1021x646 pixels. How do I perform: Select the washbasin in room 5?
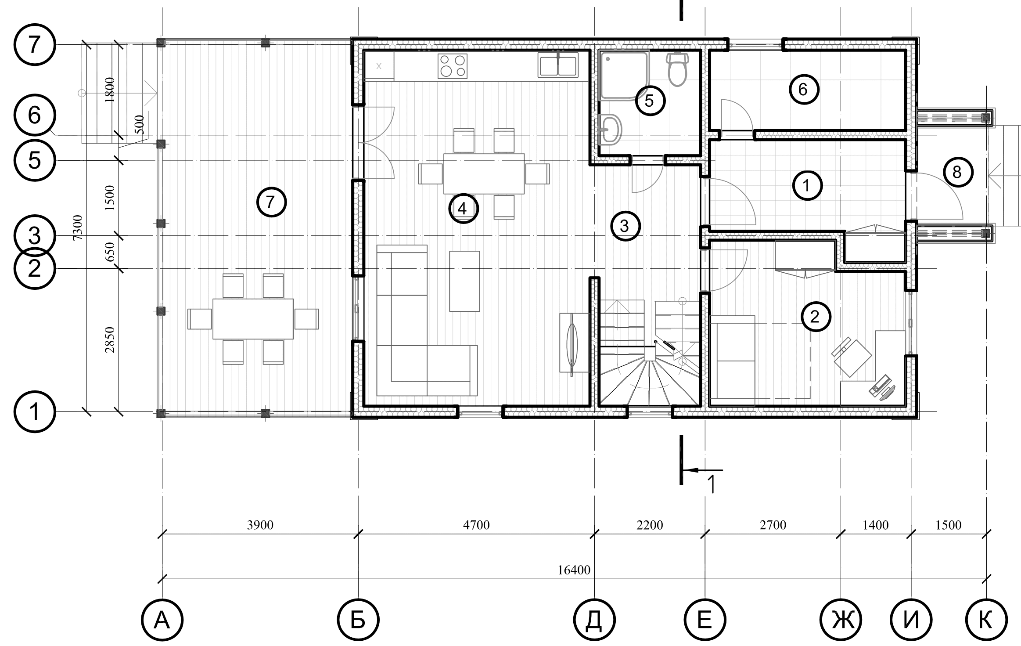610,129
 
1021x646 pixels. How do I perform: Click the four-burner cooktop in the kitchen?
453,66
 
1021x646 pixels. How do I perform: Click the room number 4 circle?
463,209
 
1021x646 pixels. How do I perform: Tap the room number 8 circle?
957,172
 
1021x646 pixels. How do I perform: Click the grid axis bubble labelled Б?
358,620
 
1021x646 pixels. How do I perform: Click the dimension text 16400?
574,570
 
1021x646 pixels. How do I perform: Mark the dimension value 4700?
476,525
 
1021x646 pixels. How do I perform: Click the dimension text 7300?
77,227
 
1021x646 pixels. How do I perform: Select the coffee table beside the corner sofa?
464,281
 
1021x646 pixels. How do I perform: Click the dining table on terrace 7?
253,319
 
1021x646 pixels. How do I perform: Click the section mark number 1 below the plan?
712,484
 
